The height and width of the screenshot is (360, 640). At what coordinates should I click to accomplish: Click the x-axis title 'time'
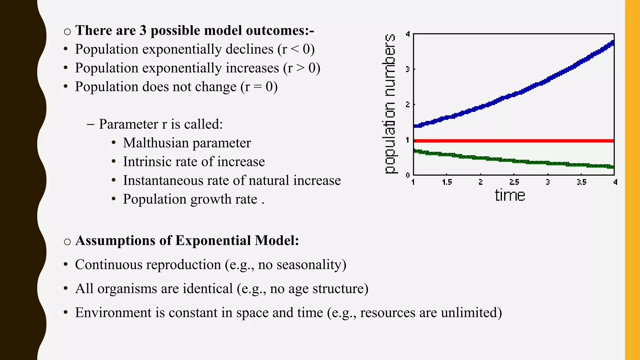point(510,196)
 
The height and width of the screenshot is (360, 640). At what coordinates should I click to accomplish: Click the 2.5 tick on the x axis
point(514,182)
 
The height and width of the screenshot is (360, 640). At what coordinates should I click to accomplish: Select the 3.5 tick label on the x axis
point(581,182)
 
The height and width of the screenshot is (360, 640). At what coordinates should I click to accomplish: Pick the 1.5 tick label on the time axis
point(447,182)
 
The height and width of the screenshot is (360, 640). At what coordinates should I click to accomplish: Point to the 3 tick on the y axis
point(407,69)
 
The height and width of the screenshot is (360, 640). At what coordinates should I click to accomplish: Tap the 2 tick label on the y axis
point(407,104)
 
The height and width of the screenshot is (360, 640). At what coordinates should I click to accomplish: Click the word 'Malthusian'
point(155,143)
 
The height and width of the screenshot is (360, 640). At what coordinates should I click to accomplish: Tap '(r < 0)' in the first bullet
point(296,49)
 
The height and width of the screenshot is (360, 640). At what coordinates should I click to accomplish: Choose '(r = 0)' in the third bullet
point(259,87)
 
